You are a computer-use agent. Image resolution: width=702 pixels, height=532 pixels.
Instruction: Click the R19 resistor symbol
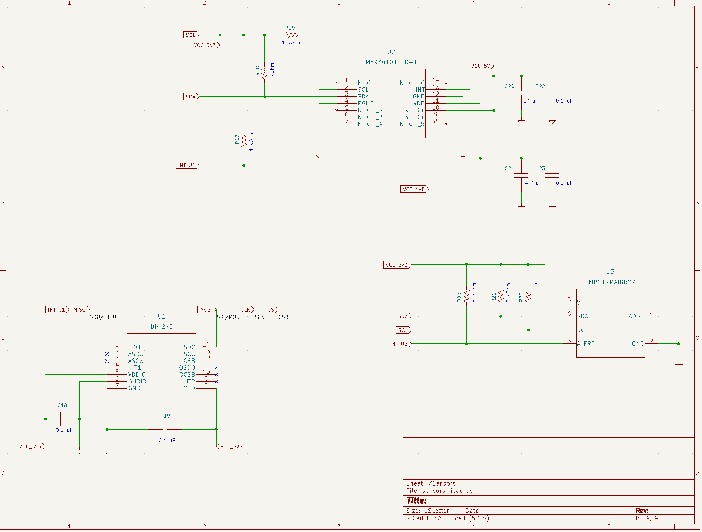tap(292, 35)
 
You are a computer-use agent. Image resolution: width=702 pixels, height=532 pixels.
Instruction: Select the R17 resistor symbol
tap(244, 141)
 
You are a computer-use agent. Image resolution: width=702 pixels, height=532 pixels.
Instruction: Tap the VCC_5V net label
tap(481, 66)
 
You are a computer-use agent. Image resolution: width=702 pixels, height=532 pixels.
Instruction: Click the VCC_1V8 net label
tap(414, 189)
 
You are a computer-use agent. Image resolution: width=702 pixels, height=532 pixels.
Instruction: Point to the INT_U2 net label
tap(187, 165)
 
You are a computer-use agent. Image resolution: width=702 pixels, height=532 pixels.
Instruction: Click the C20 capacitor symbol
tap(521, 93)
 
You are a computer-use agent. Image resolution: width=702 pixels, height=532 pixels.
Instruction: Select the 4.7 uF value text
tap(533, 183)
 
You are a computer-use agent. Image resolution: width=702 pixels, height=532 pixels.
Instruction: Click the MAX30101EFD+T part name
tap(391, 62)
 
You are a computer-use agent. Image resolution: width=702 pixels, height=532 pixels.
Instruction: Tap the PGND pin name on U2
tap(366, 103)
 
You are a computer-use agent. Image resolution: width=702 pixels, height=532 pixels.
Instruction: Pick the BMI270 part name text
tap(162, 326)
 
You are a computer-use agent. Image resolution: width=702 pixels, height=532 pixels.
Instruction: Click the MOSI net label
tap(206, 310)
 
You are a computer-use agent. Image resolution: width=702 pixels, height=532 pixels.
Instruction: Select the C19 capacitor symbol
tap(165, 430)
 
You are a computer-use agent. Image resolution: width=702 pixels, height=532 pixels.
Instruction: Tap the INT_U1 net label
tap(56, 310)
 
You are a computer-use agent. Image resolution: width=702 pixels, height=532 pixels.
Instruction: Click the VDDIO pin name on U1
tap(137, 375)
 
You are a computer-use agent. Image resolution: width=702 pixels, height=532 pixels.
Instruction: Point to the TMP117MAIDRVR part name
tap(610, 282)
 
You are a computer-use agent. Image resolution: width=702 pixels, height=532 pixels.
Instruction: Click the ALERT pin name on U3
tap(586, 344)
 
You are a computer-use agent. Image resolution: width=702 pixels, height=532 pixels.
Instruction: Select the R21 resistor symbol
tap(501, 296)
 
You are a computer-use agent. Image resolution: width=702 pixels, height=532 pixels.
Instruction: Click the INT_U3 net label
tap(399, 344)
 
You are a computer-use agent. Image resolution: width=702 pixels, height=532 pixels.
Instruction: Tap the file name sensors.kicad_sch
tap(449, 491)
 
